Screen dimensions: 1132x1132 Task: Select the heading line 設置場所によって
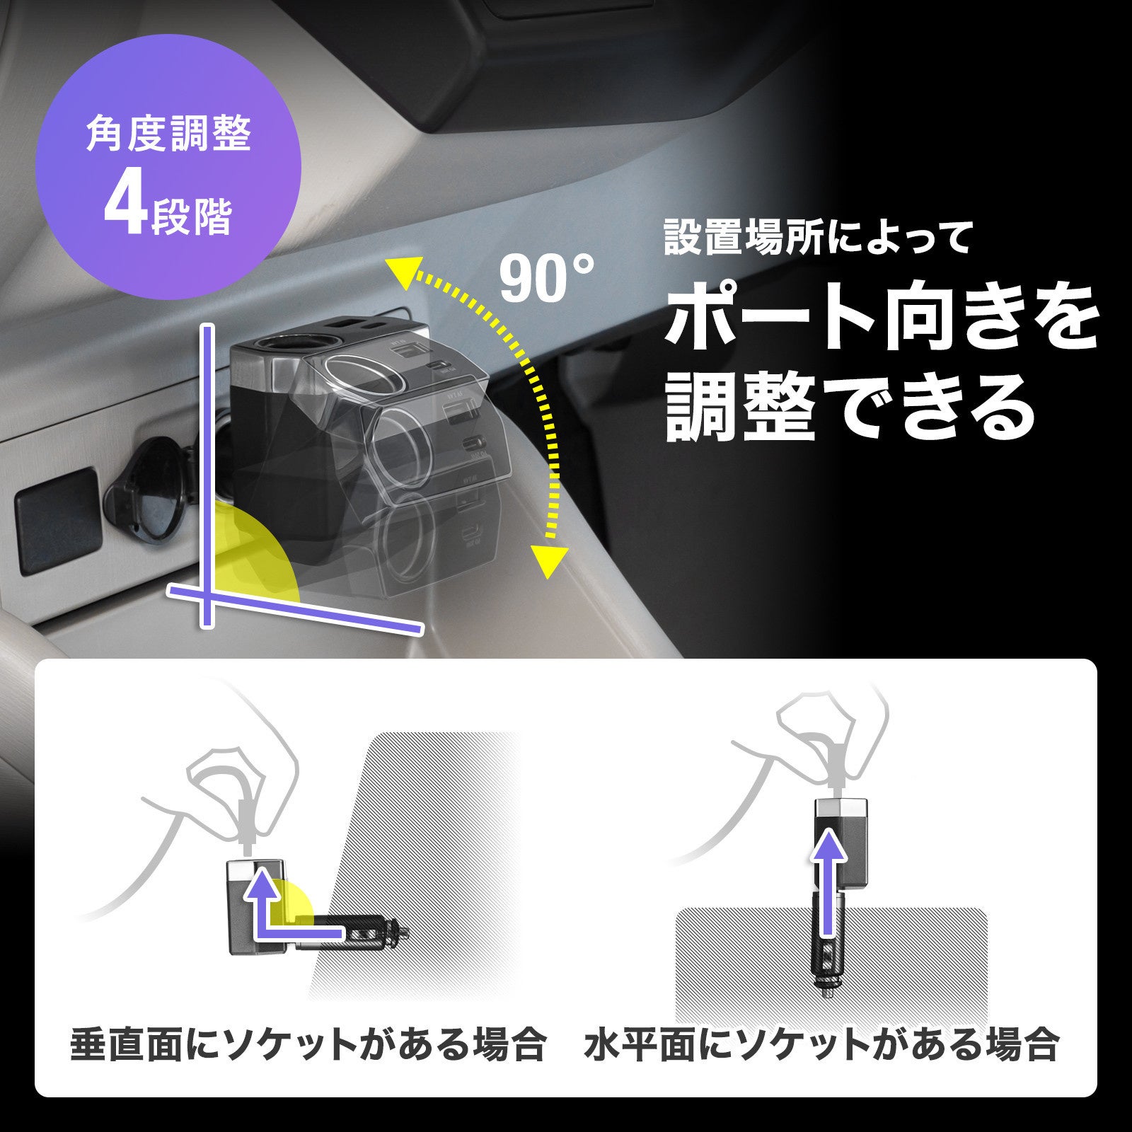point(818,238)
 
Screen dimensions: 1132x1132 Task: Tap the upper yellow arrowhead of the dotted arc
point(402,274)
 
